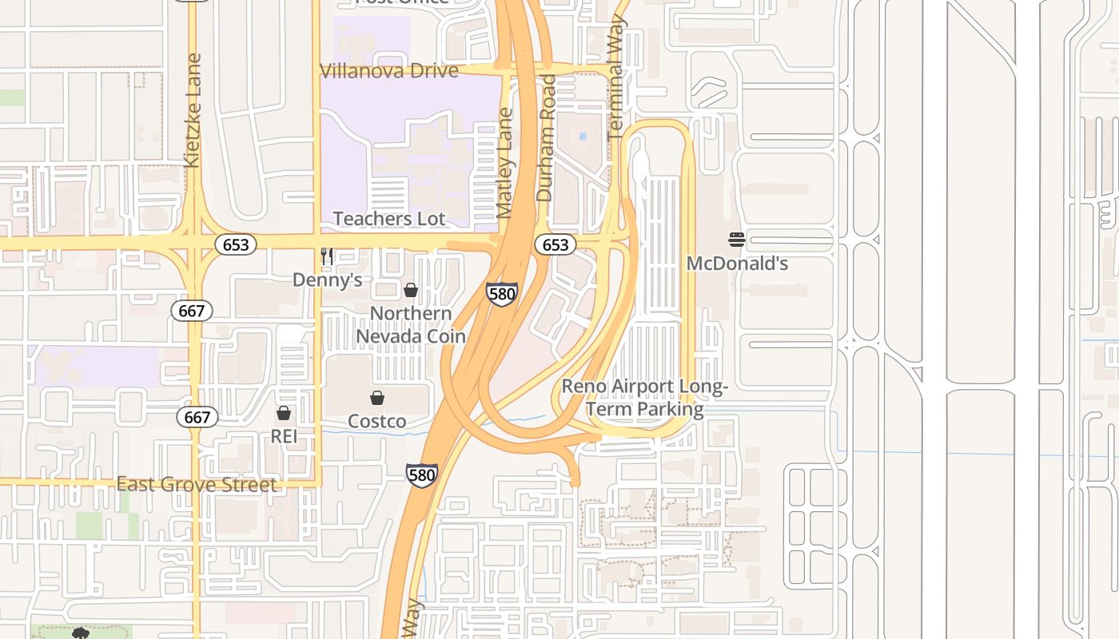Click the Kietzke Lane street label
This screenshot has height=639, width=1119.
pyautogui.click(x=192, y=110)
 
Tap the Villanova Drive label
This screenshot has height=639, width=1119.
pyautogui.click(x=389, y=70)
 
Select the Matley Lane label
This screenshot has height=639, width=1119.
pyautogui.click(x=504, y=164)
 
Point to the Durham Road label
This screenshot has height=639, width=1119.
pyautogui.click(x=546, y=137)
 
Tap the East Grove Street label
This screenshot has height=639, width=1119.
pyautogui.click(x=197, y=484)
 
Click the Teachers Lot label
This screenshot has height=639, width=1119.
pyautogui.click(x=389, y=218)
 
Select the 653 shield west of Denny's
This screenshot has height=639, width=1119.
pyautogui.click(x=236, y=244)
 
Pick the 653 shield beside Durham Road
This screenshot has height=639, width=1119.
pyautogui.click(x=555, y=244)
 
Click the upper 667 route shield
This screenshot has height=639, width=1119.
pyautogui.click(x=192, y=311)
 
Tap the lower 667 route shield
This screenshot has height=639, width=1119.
pyautogui.click(x=197, y=417)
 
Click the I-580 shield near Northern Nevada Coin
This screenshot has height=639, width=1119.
pyautogui.click(x=501, y=294)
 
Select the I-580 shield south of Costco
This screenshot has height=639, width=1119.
pyautogui.click(x=421, y=475)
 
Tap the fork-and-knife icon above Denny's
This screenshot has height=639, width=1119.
pyautogui.click(x=326, y=256)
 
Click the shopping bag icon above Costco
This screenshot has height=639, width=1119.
pyautogui.click(x=377, y=397)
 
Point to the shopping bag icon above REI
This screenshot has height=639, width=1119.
pyautogui.click(x=283, y=413)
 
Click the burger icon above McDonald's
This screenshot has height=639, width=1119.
pyautogui.click(x=737, y=239)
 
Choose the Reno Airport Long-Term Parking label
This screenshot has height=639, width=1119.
pyautogui.click(x=644, y=398)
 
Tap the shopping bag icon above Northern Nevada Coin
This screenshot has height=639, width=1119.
pyautogui.click(x=411, y=289)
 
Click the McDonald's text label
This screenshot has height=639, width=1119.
pyautogui.click(x=737, y=263)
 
